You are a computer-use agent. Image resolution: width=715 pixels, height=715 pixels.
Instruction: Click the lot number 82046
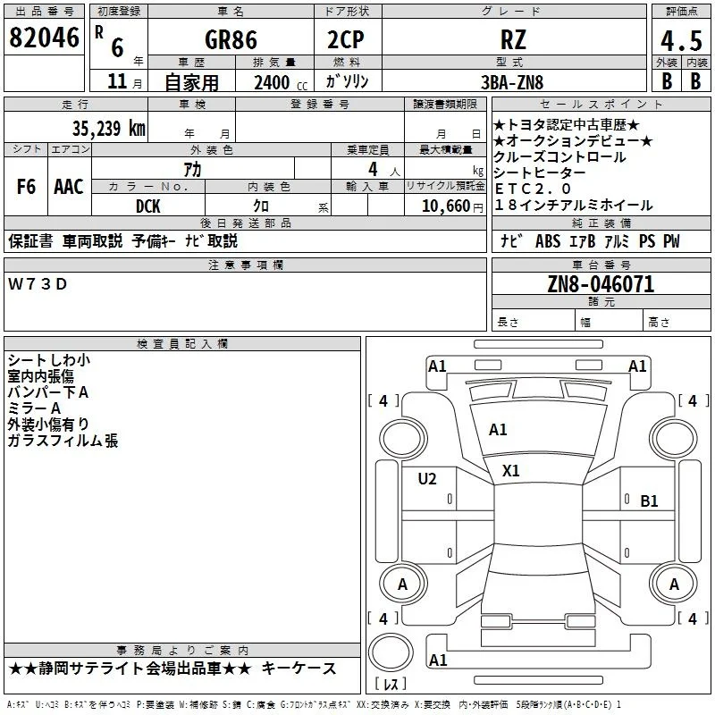[x=44, y=38]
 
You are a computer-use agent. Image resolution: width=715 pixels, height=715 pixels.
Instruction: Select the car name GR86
[x=231, y=39]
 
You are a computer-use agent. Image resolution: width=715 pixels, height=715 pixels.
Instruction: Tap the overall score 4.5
[x=681, y=41]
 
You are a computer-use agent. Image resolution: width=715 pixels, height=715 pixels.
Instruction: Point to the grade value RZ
[x=513, y=39]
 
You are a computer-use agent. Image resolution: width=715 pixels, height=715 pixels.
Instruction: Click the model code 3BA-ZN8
[x=512, y=82]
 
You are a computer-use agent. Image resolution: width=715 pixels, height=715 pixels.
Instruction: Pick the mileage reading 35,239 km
[x=109, y=128]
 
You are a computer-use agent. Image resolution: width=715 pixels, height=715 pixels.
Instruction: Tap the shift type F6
[x=26, y=187]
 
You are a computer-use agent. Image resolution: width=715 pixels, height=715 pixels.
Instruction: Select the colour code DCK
[x=148, y=206]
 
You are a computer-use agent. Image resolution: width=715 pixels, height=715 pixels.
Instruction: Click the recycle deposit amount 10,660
[x=446, y=206]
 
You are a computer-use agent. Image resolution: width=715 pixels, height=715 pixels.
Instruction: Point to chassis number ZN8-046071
[x=601, y=284]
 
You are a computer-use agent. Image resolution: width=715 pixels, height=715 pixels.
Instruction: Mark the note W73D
[x=38, y=284]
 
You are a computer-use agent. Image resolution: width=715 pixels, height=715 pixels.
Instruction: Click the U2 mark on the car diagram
[x=427, y=479]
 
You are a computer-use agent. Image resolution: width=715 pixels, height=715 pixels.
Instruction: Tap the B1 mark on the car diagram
[x=650, y=501]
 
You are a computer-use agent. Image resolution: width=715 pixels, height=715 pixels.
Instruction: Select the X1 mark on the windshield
[x=510, y=471]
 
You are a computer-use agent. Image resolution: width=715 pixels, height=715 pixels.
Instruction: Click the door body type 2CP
[x=346, y=39]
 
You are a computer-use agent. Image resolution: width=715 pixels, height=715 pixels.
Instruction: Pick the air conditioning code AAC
[x=69, y=187]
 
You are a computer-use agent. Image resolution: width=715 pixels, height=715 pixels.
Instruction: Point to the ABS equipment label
[x=548, y=241]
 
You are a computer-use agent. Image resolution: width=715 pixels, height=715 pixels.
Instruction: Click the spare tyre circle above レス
[x=391, y=653]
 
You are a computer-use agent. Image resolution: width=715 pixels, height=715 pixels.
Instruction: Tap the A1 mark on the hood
[x=498, y=430]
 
